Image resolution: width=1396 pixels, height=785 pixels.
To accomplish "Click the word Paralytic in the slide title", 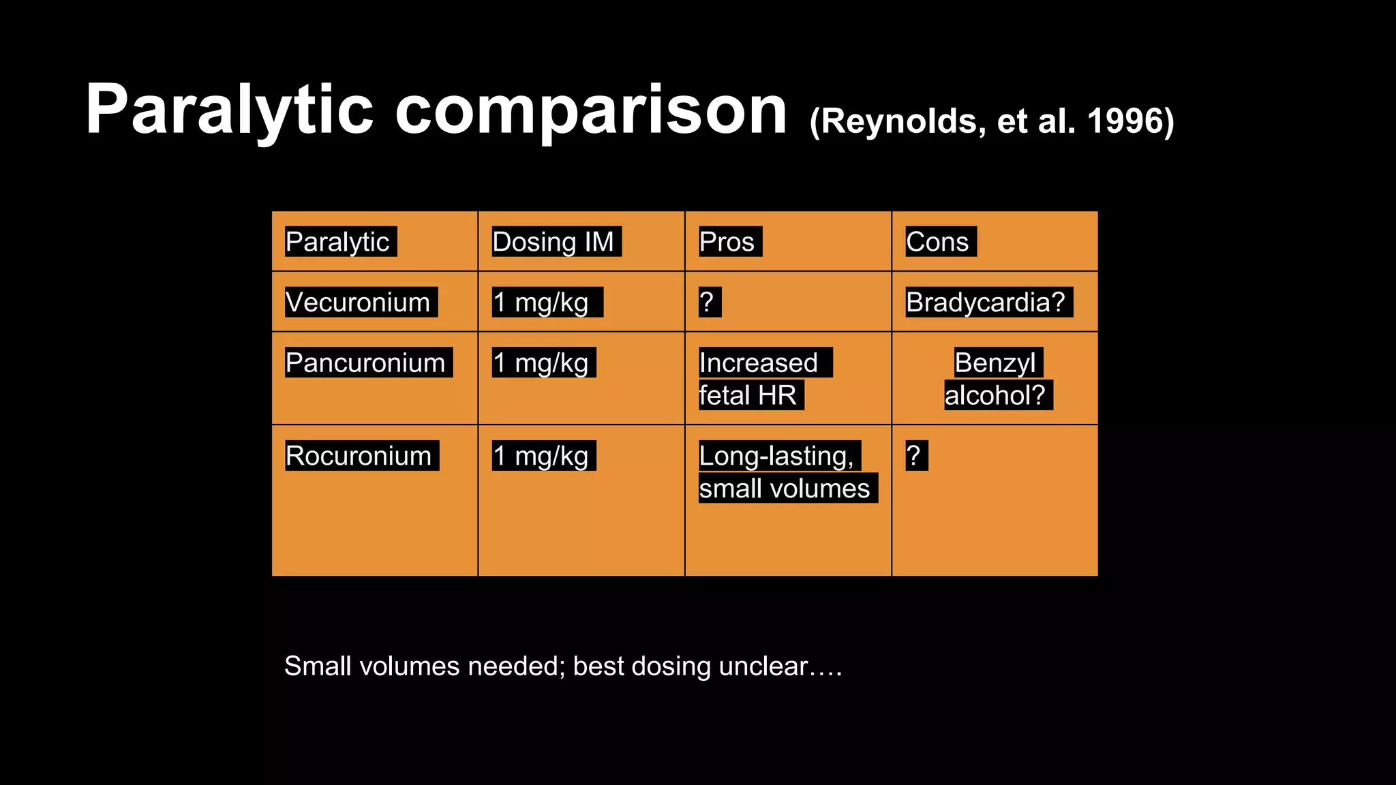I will [x=229, y=110].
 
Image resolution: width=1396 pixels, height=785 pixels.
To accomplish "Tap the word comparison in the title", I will [x=590, y=110].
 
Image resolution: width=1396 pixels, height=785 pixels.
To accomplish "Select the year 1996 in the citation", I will [x=1125, y=121].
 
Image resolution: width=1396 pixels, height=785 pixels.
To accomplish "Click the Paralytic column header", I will [x=337, y=242].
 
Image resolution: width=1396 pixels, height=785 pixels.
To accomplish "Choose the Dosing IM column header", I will [x=553, y=242].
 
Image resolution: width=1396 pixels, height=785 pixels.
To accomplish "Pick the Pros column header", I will [x=727, y=242].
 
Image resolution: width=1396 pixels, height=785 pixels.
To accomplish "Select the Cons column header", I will [x=937, y=242].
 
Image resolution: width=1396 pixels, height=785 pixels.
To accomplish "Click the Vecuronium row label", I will [x=358, y=302].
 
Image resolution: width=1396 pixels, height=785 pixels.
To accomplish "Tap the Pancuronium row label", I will [x=365, y=363].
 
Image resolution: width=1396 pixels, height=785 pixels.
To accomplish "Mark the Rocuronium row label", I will [x=359, y=455].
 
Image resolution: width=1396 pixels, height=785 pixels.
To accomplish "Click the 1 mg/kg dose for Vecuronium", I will [x=541, y=302].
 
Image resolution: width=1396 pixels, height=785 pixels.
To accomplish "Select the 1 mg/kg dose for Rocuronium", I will [x=541, y=455].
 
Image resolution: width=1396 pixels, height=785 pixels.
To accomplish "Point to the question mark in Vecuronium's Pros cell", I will [x=707, y=302].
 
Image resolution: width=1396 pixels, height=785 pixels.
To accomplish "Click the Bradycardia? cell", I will [x=986, y=302].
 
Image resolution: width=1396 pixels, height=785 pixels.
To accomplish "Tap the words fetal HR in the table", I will [x=748, y=395].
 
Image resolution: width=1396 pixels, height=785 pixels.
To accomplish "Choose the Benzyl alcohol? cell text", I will [x=995, y=379].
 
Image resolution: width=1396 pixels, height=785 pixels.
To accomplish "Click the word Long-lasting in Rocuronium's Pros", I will [x=776, y=455].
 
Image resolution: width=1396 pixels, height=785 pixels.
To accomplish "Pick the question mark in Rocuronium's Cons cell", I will [x=914, y=455].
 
